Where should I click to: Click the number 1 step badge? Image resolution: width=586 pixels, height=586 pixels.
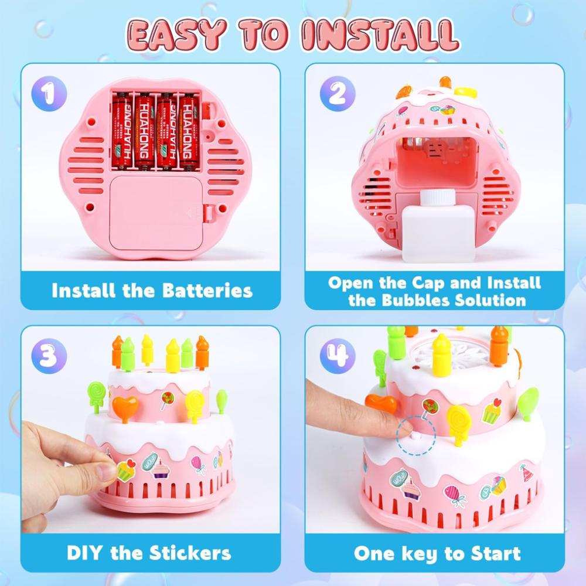coord(49,93)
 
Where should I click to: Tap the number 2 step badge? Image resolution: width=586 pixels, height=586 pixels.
coord(338,93)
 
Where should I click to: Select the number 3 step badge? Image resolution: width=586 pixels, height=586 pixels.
coord(49,356)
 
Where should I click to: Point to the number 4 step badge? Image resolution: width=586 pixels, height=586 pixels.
coord(338,356)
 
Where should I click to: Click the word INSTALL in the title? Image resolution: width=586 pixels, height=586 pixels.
coord(380,35)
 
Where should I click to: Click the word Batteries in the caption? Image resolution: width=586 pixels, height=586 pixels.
coord(207,291)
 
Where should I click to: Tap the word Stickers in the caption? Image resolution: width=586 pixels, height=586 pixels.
coord(190,553)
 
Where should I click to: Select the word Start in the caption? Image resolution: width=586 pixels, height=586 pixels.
coord(496,553)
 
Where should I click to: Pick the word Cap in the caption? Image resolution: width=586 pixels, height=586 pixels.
coord(429,283)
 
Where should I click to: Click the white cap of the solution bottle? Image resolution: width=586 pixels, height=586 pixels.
coord(438,197)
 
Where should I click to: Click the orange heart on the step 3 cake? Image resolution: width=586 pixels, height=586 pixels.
coord(125,407)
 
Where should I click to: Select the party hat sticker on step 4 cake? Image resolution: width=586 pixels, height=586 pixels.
coord(527,473)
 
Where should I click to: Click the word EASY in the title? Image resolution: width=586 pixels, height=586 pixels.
coord(176,35)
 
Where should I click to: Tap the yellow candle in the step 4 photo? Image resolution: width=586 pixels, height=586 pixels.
coord(442,355)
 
